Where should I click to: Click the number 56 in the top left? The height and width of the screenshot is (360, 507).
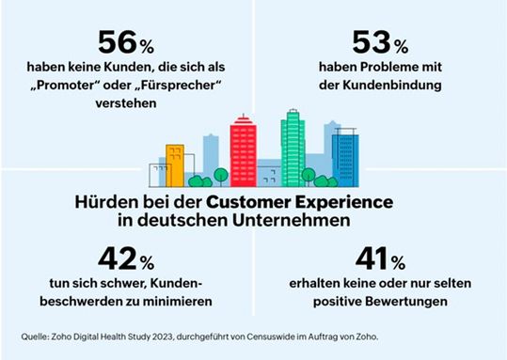(116, 43)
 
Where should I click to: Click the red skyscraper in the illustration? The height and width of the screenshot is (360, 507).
(244, 150)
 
